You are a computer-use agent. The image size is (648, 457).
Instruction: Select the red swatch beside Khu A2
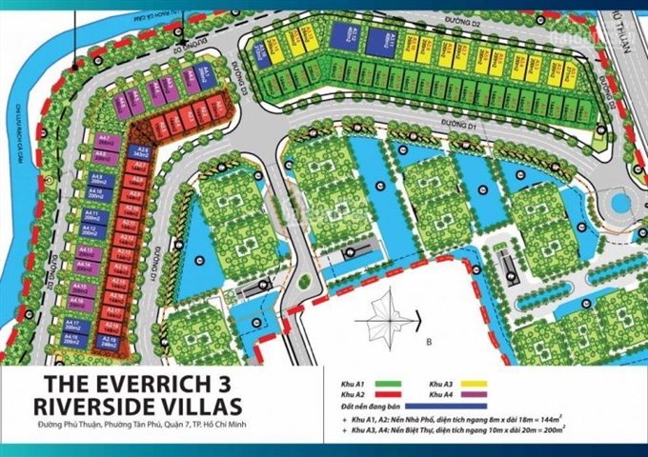pos(392,394)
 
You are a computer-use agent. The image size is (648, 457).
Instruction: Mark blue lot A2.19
pos(110,340)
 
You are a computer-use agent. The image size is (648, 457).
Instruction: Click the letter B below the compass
pos(429,339)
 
